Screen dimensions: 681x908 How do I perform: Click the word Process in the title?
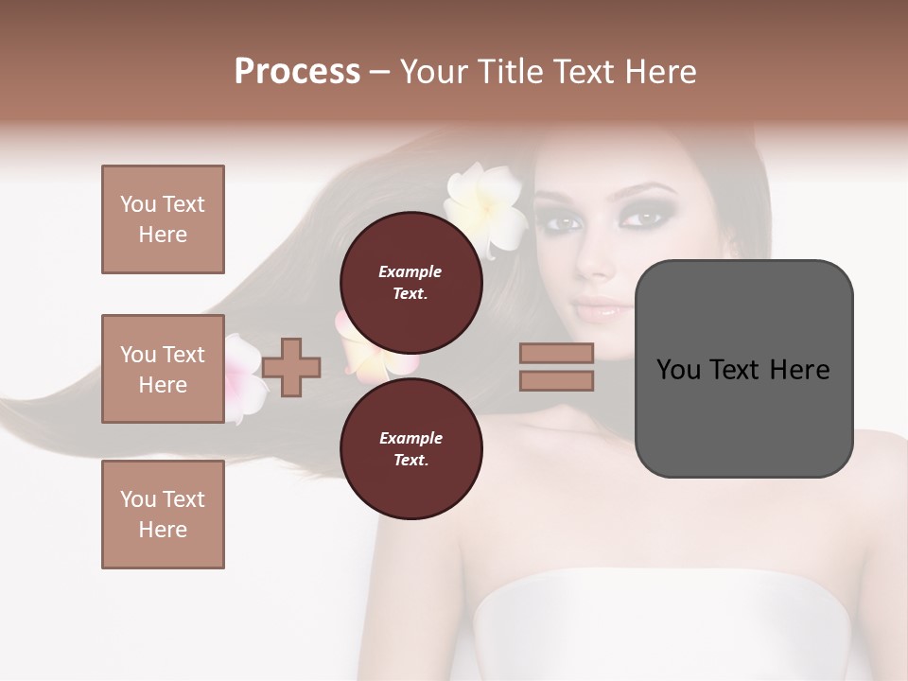click(297, 72)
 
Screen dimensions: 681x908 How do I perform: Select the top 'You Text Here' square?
click(163, 219)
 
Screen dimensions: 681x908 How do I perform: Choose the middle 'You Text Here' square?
click(163, 369)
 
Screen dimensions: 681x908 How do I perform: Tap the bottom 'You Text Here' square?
click(163, 515)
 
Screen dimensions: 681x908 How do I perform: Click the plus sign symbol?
click(291, 366)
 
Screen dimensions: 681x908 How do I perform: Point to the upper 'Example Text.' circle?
click(410, 282)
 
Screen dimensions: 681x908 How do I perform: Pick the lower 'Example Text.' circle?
click(410, 448)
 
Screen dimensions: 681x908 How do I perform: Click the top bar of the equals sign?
click(556, 353)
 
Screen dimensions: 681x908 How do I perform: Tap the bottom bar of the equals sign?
click(556, 380)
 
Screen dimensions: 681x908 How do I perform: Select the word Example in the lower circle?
click(410, 438)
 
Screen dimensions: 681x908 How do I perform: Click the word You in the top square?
click(138, 204)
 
